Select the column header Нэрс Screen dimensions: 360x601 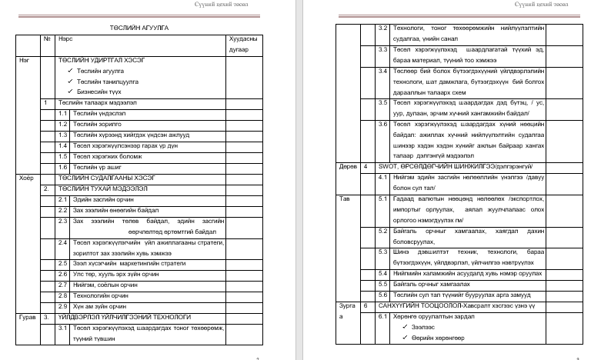[x=67, y=38]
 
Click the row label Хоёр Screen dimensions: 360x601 [x=26, y=177]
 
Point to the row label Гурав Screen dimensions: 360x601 [x=28, y=316]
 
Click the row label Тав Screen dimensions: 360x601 [x=344, y=198]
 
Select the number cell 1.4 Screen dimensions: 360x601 [x=64, y=145]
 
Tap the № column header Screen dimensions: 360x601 [x=47, y=38]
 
